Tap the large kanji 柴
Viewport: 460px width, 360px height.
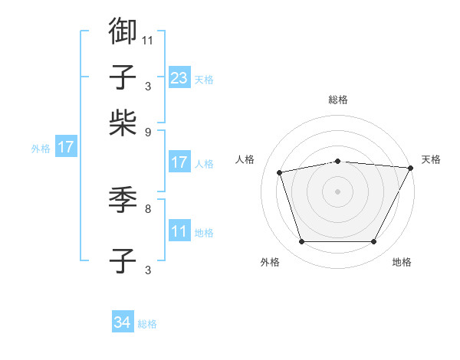point(123,123)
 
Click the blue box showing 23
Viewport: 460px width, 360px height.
point(179,77)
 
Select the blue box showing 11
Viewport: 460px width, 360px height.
point(179,231)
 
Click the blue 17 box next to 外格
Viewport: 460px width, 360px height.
point(65,147)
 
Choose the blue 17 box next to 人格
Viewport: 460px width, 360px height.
point(179,162)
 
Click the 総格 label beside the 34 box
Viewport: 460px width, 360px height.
point(147,324)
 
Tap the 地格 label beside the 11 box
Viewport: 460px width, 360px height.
point(204,233)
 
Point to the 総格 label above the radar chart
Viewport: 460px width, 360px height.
point(338,100)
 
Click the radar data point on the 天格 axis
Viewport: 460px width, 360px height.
point(411,168)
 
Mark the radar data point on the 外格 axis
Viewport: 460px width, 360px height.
point(301,242)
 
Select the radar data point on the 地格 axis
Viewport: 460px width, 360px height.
point(374,242)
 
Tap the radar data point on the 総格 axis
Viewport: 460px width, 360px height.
point(338,161)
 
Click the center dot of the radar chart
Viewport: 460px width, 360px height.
point(338,191)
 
